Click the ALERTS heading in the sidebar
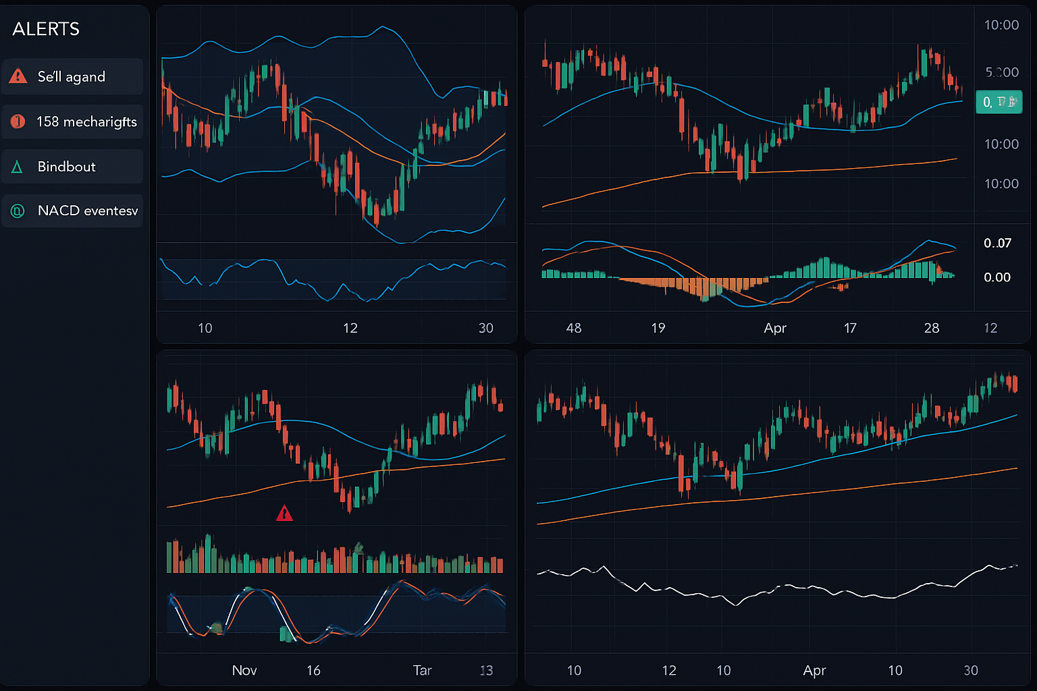click(46, 29)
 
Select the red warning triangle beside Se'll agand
click(18, 76)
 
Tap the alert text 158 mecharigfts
click(86, 121)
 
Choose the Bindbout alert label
click(66, 167)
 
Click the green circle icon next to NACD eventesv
click(18, 211)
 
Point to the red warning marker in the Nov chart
click(284, 514)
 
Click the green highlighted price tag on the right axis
click(999, 102)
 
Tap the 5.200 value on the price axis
click(1001, 72)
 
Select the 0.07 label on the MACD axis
click(997, 243)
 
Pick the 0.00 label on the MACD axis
click(997, 277)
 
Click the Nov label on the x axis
click(244, 670)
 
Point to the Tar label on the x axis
click(422, 670)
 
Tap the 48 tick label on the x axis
click(573, 328)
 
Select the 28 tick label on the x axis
click(931, 328)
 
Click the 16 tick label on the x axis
click(313, 670)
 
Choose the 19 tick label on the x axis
click(658, 328)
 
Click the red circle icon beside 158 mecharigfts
click(18, 121)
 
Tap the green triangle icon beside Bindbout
click(18, 167)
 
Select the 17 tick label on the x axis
click(850, 328)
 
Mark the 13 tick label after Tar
click(486, 670)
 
